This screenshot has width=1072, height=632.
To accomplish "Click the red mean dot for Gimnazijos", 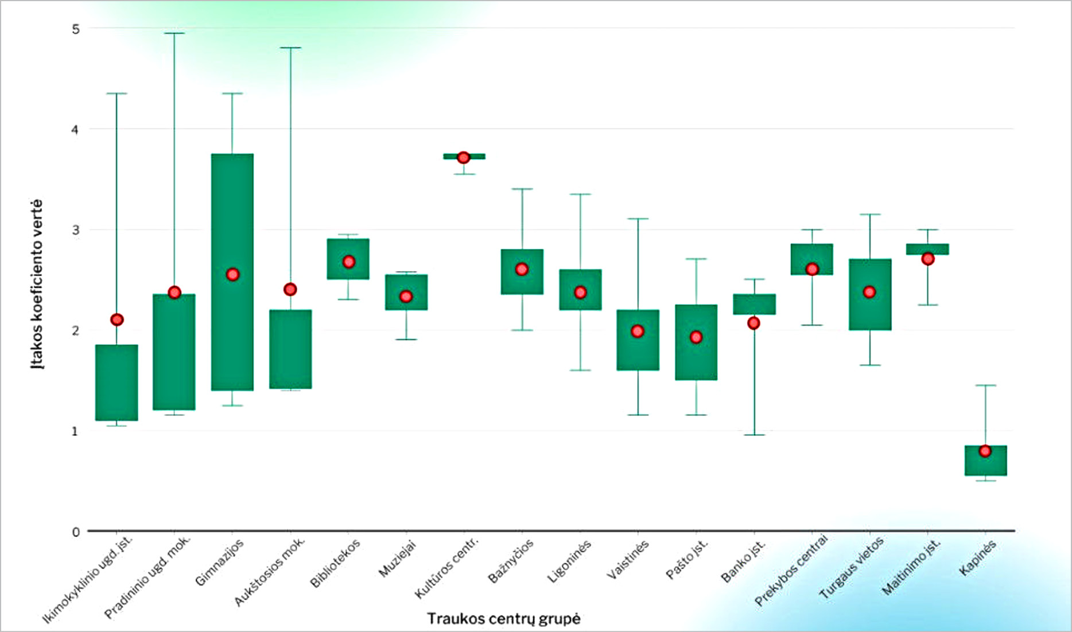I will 232,275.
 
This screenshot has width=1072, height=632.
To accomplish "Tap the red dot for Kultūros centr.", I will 464,158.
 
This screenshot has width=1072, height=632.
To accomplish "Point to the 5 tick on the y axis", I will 76,29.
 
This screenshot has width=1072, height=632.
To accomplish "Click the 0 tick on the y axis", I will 76,532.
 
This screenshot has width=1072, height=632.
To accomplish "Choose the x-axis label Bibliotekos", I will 336,563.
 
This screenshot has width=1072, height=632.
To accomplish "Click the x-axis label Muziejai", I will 398,559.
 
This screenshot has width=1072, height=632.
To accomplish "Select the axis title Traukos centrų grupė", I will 503,619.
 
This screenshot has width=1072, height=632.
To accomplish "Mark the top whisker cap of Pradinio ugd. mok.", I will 174,33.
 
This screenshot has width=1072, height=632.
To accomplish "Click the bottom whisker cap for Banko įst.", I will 754,435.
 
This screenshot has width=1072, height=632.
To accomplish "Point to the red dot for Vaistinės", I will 638,331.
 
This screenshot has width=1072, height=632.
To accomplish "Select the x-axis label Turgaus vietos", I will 852,568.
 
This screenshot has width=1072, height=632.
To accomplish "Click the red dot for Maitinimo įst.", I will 928,259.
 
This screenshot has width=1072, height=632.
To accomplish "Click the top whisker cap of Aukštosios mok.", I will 290,48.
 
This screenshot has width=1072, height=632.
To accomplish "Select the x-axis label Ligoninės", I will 569,562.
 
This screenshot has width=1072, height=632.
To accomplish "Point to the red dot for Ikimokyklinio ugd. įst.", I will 117,320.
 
